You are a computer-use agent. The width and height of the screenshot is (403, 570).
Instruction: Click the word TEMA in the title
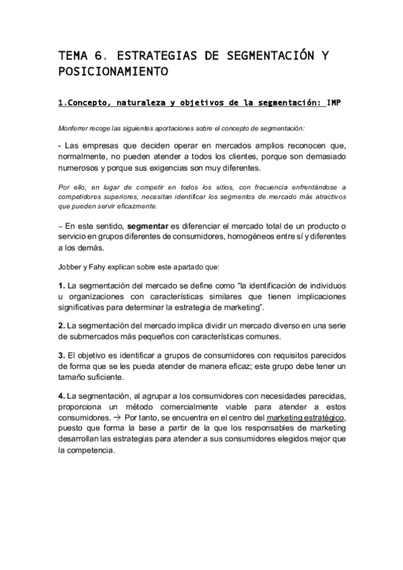click(x=73, y=54)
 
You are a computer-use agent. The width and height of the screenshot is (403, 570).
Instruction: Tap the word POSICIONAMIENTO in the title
click(x=114, y=71)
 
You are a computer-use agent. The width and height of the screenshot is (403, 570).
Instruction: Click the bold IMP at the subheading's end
click(x=335, y=104)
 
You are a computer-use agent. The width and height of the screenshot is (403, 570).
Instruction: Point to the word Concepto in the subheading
click(x=85, y=104)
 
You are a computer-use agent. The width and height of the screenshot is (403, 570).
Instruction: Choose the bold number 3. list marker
click(x=61, y=354)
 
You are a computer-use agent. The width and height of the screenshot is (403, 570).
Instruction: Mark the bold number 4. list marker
click(x=61, y=395)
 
